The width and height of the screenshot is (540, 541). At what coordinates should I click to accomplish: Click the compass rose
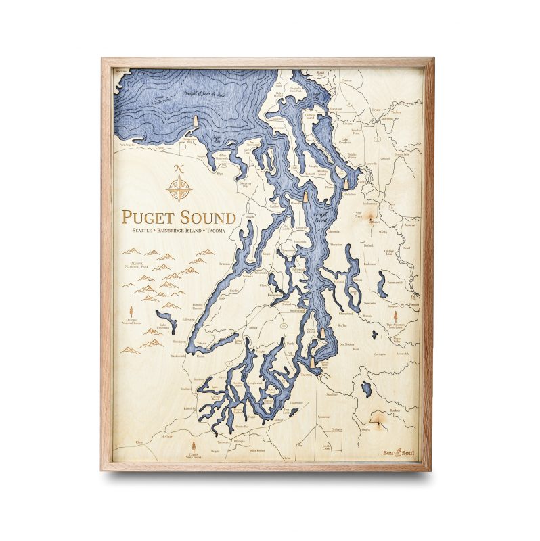[x=179, y=189]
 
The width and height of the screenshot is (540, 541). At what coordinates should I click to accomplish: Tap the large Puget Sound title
[x=179, y=218]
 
